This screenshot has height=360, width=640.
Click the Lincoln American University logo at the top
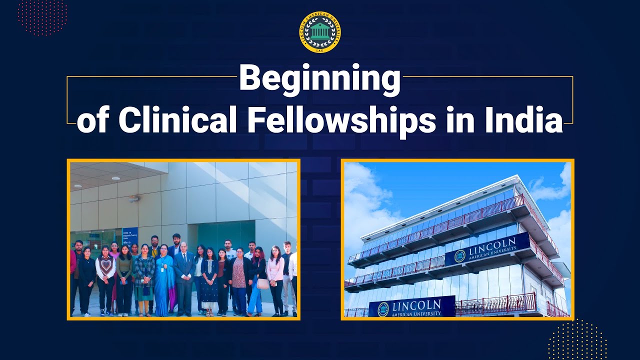click(x=320, y=32)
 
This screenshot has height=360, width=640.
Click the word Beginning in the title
click(x=320, y=78)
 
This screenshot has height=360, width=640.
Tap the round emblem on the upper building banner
click(x=460, y=256)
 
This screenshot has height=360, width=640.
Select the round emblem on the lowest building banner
click(x=383, y=309)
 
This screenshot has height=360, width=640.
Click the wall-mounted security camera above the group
click(x=132, y=198)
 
